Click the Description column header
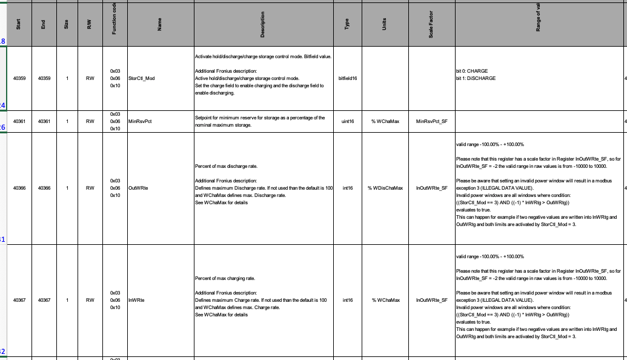click(x=262, y=25)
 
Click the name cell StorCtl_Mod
click(x=142, y=78)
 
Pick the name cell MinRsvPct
click(x=139, y=121)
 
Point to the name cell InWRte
click(x=136, y=300)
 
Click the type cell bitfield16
click(x=348, y=78)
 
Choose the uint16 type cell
click(x=348, y=121)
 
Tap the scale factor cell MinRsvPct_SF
click(x=431, y=121)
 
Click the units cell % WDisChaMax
click(x=384, y=188)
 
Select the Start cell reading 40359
click(x=19, y=78)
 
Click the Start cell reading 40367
click(x=19, y=300)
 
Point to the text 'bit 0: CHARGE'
click(x=471, y=71)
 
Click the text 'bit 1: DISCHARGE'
click(x=476, y=78)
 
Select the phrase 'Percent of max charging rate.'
click(x=224, y=278)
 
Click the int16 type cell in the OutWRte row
click(x=348, y=188)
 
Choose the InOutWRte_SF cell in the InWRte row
click(x=431, y=300)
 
